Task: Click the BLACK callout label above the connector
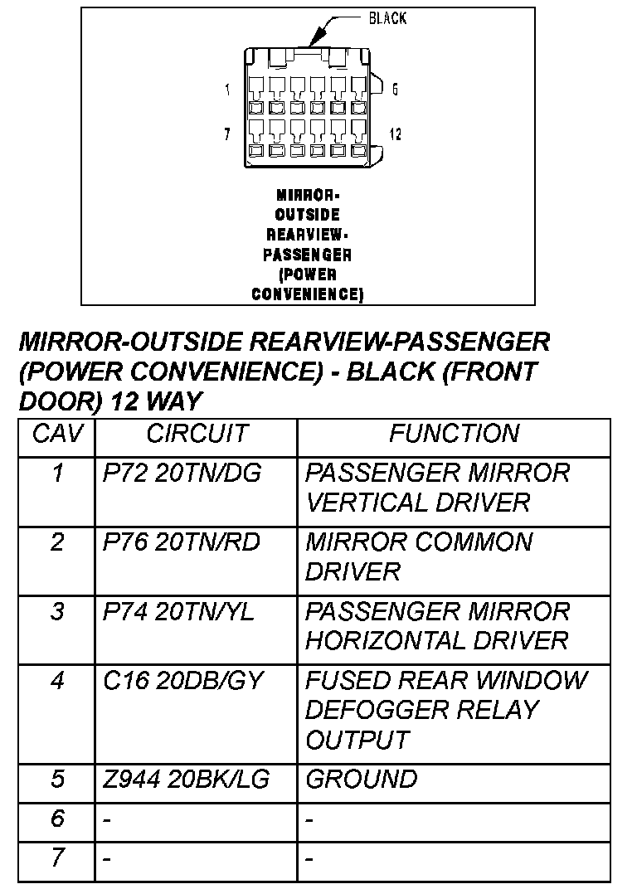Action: click(387, 18)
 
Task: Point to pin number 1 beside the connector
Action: click(228, 90)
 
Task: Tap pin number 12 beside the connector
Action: click(396, 134)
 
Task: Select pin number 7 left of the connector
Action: click(228, 134)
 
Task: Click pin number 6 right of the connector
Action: click(395, 90)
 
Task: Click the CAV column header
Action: click(56, 434)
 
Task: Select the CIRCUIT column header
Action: click(197, 434)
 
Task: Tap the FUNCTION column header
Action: click(454, 434)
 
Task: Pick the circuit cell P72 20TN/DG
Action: click(182, 474)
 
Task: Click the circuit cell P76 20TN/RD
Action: click(182, 542)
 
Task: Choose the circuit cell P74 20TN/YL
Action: click(179, 612)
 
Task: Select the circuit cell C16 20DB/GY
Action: click(182, 681)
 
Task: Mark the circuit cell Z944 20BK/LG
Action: click(186, 780)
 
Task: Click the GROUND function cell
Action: click(362, 780)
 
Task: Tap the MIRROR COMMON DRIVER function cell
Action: click(419, 556)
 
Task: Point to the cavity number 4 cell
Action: click(56, 682)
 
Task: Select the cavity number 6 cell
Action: click(56, 819)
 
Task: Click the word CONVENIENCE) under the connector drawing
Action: click(308, 294)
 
